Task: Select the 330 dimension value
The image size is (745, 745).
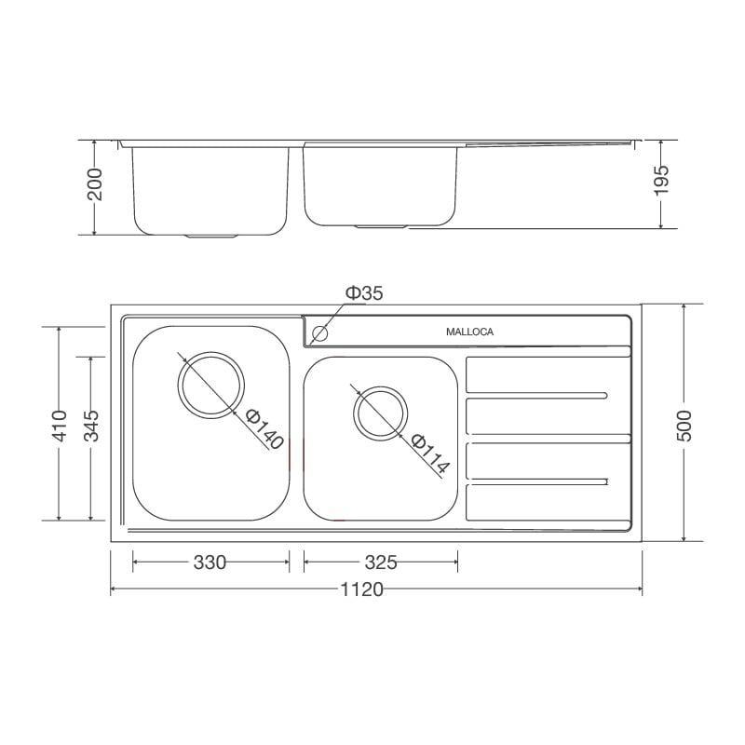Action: pyautogui.click(x=210, y=562)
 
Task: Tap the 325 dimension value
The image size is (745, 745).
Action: pyautogui.click(x=381, y=562)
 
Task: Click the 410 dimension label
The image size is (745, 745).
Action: pyautogui.click(x=60, y=425)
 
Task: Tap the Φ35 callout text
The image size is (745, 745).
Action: pyautogui.click(x=364, y=293)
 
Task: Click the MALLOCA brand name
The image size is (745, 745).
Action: pyautogui.click(x=469, y=332)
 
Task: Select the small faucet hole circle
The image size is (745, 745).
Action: pyautogui.click(x=321, y=332)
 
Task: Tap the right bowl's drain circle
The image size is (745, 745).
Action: pyautogui.click(x=380, y=411)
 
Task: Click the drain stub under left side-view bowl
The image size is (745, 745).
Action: pyautogui.click(x=211, y=237)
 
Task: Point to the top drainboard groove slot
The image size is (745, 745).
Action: pyautogui.click(x=538, y=393)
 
